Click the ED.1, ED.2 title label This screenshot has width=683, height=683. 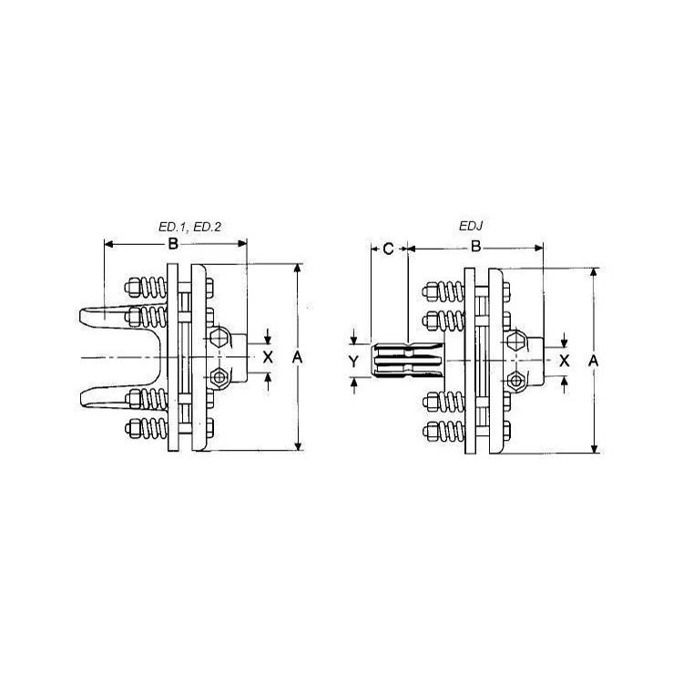pos(190,227)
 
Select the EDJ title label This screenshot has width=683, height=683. pos(472,226)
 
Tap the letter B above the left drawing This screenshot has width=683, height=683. pos(173,244)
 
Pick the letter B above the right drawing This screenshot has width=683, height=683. pos(475,247)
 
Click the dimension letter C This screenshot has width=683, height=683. pos(388,250)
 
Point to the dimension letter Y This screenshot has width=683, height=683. pos(353,362)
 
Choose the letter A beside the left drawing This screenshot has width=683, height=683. pos(297,358)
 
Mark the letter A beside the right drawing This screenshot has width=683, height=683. pos(593,361)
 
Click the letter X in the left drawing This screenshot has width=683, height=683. pos(268,357)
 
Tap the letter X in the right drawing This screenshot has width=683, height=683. pos(565,361)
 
